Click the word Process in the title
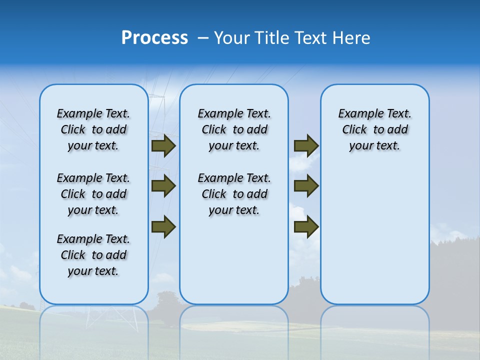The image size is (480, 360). point(154,37)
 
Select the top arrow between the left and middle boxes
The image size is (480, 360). point(163,146)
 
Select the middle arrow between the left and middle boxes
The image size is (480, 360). point(163,186)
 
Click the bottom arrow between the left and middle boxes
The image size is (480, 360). point(163,226)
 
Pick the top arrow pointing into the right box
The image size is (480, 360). point(306,145)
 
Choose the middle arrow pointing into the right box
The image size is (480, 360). point(306,186)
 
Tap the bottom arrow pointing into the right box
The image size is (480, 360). point(306,227)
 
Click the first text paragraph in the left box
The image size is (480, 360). point(93,129)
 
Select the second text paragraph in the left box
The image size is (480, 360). point(93,194)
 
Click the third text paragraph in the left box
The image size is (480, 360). point(93,255)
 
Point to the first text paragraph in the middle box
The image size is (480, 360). point(234,129)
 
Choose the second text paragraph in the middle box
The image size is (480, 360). point(234,194)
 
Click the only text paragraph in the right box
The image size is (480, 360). point(374,129)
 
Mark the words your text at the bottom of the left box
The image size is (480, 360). point(93,271)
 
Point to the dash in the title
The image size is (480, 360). point(203,38)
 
